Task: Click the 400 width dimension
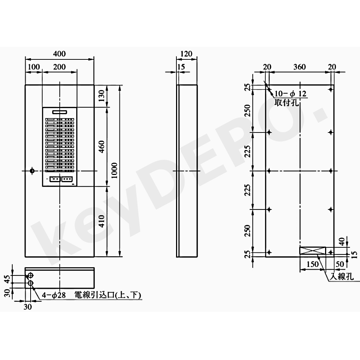pyautogui.click(x=59, y=54)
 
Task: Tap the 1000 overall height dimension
pyautogui.click(x=114, y=170)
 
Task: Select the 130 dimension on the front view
pyautogui.click(x=101, y=95)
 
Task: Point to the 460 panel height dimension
pyautogui.click(x=101, y=147)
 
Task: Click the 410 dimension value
pyautogui.click(x=101, y=221)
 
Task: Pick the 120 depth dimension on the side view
pyautogui.click(x=186, y=54)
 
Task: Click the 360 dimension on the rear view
pyautogui.click(x=300, y=67)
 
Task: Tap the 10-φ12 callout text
pyautogui.click(x=291, y=94)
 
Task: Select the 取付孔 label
pyautogui.click(x=286, y=102)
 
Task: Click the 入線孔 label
pyautogui.click(x=342, y=276)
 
